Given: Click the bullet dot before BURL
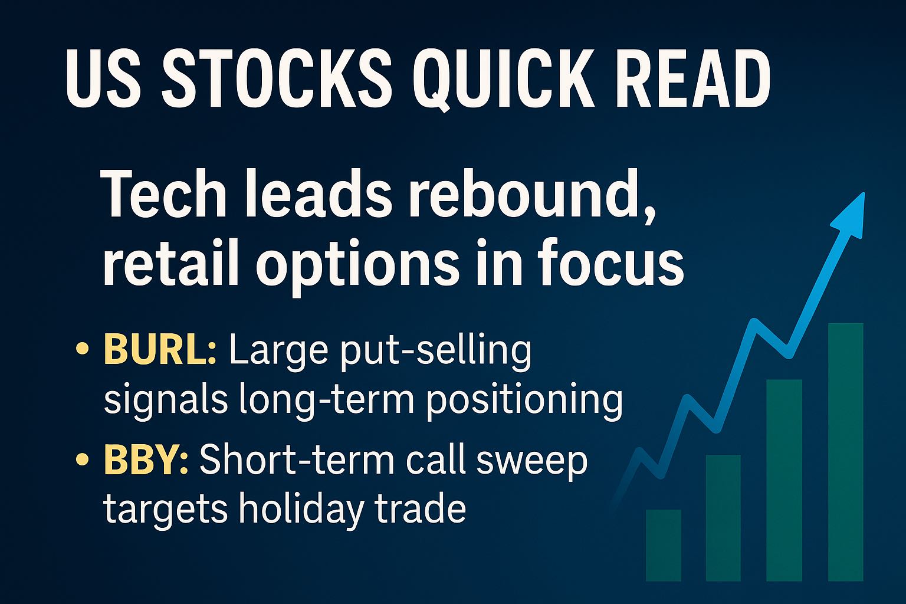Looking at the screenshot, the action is [x=82, y=349].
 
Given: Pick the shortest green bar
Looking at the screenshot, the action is [x=664, y=546].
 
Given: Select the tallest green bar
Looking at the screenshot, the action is [x=846, y=452].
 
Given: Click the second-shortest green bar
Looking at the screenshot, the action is [x=723, y=518].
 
